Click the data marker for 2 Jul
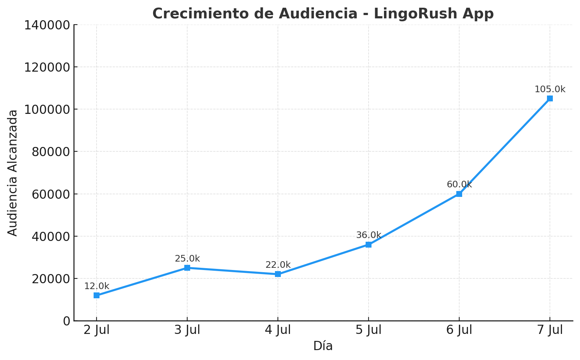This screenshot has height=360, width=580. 97,295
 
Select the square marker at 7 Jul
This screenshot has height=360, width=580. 550,98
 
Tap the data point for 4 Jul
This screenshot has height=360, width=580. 278,274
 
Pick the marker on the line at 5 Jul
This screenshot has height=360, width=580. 369,245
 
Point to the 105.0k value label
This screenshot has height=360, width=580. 550,89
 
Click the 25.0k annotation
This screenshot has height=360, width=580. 187,259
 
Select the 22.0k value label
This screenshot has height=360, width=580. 278,265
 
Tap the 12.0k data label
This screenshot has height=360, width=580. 97,286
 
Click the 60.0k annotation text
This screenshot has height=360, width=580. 459,184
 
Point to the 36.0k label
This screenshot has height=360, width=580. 369,235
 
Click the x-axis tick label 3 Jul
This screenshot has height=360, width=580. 187,330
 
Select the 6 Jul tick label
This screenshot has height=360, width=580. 459,330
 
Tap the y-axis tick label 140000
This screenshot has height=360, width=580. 47,25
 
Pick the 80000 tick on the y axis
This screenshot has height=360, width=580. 51,152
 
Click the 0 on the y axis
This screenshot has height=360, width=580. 66,321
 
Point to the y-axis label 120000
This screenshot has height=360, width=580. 47,67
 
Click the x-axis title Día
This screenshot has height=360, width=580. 323,346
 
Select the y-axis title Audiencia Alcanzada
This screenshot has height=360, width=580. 13,173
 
